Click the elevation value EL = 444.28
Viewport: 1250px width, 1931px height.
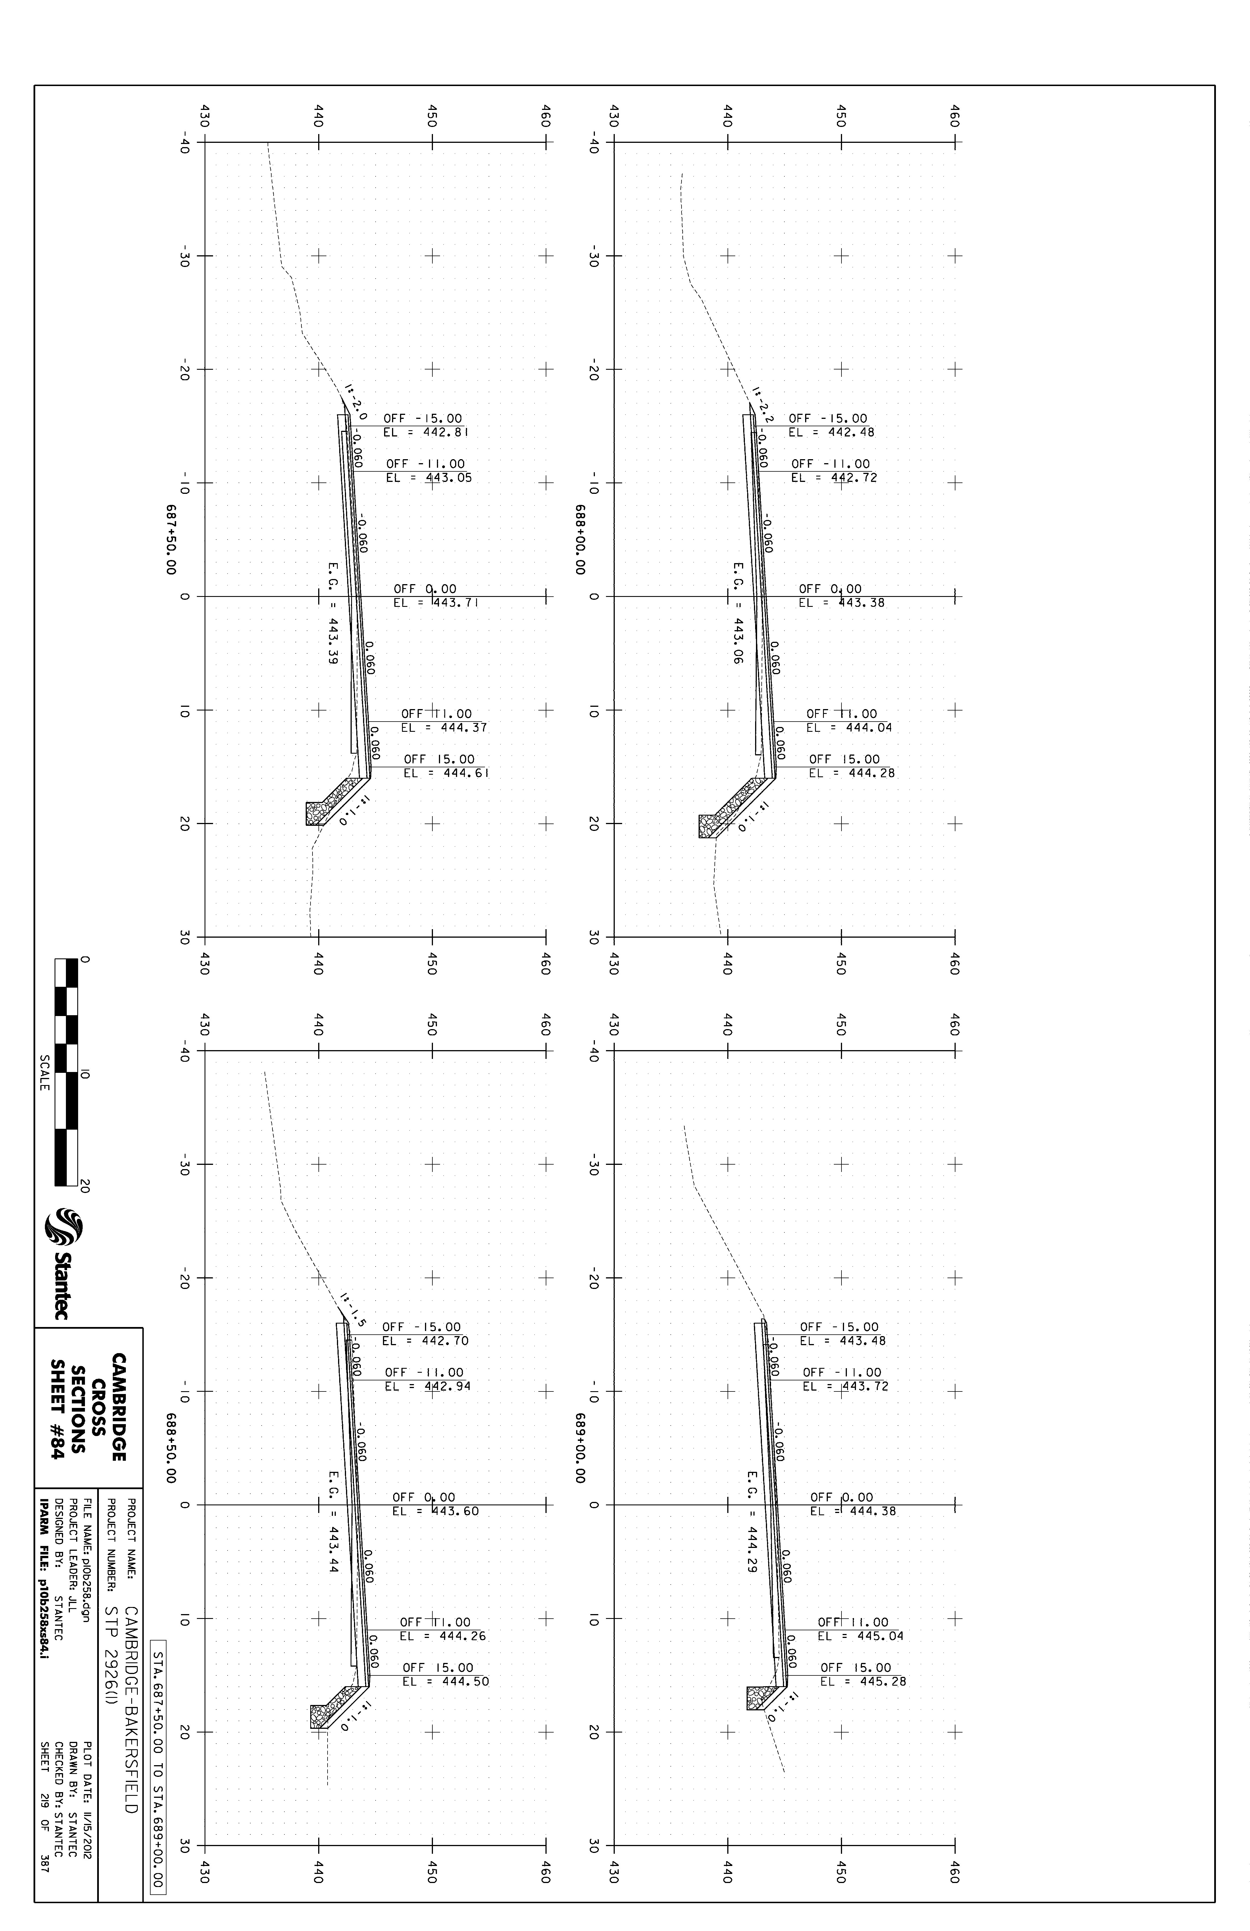tap(851, 773)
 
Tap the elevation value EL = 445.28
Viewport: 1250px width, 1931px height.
tap(863, 1682)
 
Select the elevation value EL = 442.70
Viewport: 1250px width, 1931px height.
tap(424, 1341)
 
